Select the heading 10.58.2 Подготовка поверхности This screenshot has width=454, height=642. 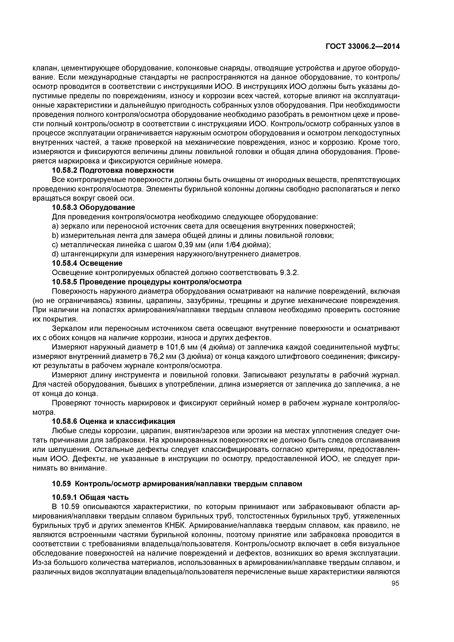pos(113,170)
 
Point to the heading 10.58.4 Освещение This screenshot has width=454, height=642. pos(87,263)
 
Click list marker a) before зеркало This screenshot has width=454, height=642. pos(55,226)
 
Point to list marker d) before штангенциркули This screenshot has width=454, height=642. pos(55,254)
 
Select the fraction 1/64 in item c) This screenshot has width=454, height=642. pos(233,245)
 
